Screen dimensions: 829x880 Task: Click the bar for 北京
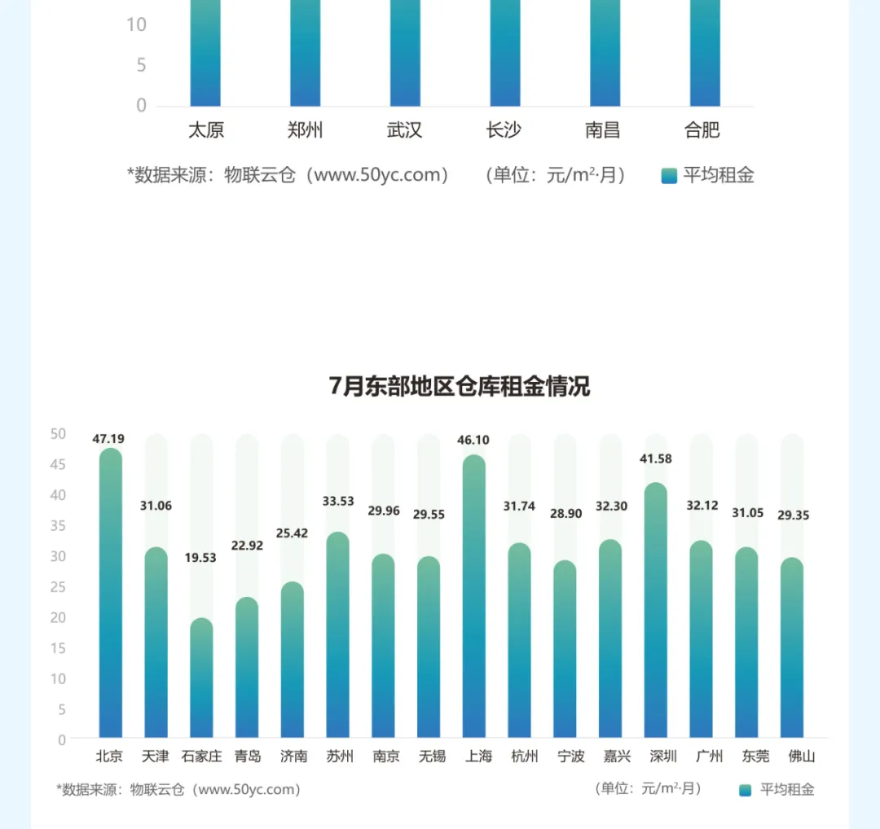(110, 594)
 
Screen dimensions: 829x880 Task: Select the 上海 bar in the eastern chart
(473, 599)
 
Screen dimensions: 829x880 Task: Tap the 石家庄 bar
(201, 680)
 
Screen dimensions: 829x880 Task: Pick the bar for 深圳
(655, 611)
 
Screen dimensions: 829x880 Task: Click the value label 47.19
(108, 439)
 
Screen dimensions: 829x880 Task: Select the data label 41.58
(655, 459)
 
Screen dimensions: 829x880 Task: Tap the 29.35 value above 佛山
(792, 515)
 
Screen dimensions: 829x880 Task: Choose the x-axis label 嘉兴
(610, 757)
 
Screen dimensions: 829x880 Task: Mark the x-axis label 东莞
(746, 757)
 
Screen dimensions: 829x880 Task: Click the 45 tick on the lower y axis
(58, 465)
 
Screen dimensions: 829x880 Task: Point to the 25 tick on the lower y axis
(58, 587)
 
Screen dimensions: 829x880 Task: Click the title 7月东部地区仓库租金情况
(460, 386)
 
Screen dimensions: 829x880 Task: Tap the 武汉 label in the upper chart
(404, 130)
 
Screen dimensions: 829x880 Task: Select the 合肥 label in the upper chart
(702, 130)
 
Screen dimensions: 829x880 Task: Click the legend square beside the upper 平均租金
(669, 176)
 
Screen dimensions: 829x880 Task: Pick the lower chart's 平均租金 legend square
(745, 790)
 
